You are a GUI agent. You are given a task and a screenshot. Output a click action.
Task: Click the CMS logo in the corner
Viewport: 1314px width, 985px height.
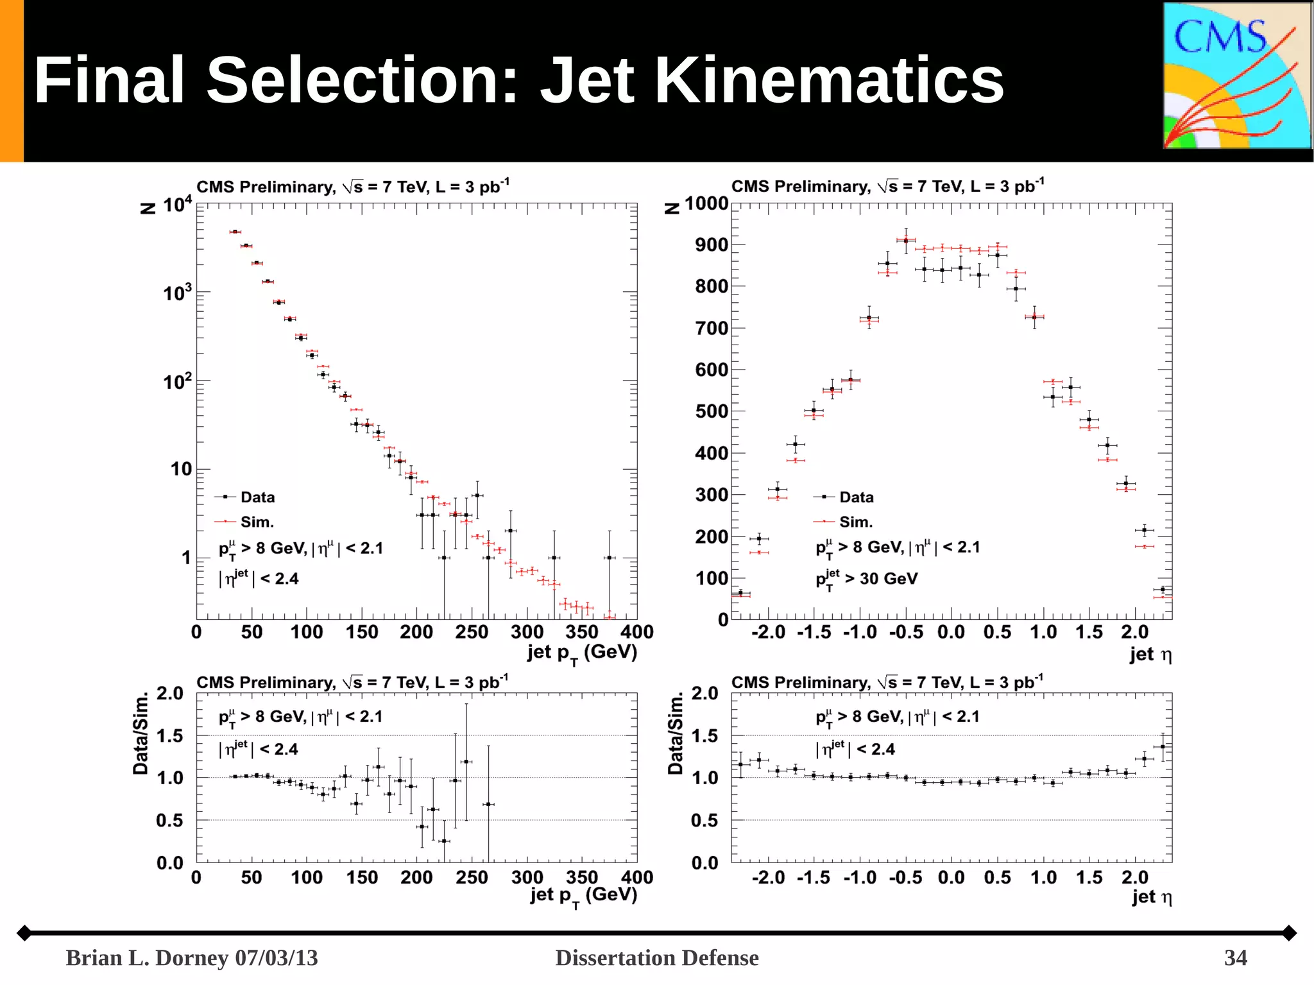pos(1237,76)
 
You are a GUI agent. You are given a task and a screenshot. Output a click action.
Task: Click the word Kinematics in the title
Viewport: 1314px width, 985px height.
pos(828,80)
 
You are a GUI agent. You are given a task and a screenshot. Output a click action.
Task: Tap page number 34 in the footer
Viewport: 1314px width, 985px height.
pos(1235,957)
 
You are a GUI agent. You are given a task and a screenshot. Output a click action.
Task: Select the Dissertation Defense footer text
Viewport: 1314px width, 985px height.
pos(656,957)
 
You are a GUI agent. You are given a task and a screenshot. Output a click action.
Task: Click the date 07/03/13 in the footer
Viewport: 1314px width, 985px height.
pos(276,957)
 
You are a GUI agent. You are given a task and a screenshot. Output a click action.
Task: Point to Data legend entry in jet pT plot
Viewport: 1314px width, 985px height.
pos(257,497)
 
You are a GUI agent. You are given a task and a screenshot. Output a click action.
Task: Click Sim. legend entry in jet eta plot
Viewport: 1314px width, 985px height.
pos(855,522)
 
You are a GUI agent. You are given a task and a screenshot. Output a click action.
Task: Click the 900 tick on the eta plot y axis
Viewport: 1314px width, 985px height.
pos(711,244)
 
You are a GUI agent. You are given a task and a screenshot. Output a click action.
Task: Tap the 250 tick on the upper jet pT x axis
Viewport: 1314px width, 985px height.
pos(472,632)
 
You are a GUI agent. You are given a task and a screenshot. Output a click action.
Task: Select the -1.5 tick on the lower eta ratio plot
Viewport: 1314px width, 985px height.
pos(813,877)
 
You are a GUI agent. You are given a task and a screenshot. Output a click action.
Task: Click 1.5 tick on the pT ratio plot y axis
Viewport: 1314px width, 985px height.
pos(169,735)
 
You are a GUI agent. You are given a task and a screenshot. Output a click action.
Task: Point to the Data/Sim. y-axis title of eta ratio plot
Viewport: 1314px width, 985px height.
pos(675,733)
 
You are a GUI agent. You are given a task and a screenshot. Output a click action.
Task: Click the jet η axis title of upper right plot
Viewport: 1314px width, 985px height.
pos(1150,655)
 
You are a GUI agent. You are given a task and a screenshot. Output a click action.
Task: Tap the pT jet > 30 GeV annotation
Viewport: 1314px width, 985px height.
pos(866,579)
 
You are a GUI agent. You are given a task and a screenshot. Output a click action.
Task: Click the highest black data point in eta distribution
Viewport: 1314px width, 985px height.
pos(906,241)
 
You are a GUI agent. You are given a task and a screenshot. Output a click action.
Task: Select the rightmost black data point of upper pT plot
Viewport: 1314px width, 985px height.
pos(610,558)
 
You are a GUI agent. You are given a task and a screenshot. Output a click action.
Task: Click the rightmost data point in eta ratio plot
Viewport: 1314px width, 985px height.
pos(1163,747)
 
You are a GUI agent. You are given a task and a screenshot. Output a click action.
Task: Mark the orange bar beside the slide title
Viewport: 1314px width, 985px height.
pos(12,80)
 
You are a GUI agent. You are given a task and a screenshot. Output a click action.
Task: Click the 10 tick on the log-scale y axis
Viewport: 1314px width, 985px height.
pos(181,469)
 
